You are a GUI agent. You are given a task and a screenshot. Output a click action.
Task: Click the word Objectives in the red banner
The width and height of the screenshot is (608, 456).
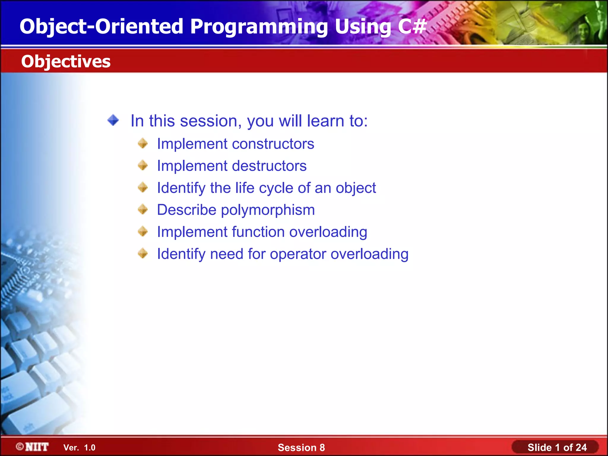pos(66,61)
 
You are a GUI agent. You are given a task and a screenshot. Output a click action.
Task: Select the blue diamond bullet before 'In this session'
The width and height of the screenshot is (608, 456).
pos(113,121)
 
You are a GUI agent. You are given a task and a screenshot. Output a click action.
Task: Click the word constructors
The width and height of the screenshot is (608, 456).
pos(273,144)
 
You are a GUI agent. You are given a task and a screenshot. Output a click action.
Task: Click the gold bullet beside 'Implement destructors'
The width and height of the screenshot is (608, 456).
pos(143,165)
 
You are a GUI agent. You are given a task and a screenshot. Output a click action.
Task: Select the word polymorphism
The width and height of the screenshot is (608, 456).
pos(268,210)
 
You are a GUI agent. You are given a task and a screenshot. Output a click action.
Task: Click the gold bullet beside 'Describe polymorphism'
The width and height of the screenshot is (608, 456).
pos(143,209)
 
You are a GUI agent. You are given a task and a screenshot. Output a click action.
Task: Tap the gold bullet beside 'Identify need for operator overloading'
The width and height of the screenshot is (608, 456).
pos(143,254)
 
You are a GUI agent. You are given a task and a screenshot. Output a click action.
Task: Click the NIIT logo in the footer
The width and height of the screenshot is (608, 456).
pos(32,447)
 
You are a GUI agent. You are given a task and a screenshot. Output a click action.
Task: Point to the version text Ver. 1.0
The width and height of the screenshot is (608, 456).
pos(79,448)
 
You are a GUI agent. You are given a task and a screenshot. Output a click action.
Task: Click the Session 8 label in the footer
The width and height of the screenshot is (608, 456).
pos(301,447)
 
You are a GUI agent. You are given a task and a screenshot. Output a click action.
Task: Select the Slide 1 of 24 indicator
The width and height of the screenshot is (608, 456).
pos(557,447)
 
